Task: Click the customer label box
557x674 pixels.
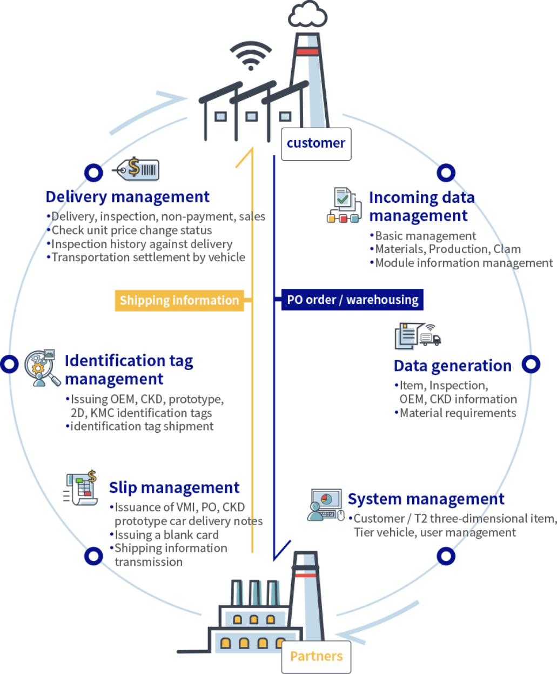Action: [316, 144]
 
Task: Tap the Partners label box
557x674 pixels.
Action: [316, 657]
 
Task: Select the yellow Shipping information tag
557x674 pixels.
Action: [179, 300]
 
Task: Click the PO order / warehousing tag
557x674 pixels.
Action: [352, 300]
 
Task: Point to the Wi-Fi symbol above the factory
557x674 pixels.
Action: [250, 56]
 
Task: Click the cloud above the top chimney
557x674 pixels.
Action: [307, 15]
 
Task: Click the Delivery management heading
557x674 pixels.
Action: [127, 197]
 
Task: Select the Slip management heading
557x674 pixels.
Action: [174, 488]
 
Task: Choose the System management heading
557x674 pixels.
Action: [426, 499]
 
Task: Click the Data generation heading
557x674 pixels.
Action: [452, 366]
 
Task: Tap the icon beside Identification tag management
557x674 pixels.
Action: [42, 368]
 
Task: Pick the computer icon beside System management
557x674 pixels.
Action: [326, 505]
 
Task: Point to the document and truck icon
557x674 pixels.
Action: [417, 336]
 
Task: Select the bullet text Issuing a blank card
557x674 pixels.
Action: [166, 535]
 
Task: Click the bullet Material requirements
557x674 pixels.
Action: [458, 413]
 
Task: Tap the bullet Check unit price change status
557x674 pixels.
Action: [131, 230]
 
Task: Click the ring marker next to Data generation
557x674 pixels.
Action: [531, 364]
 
